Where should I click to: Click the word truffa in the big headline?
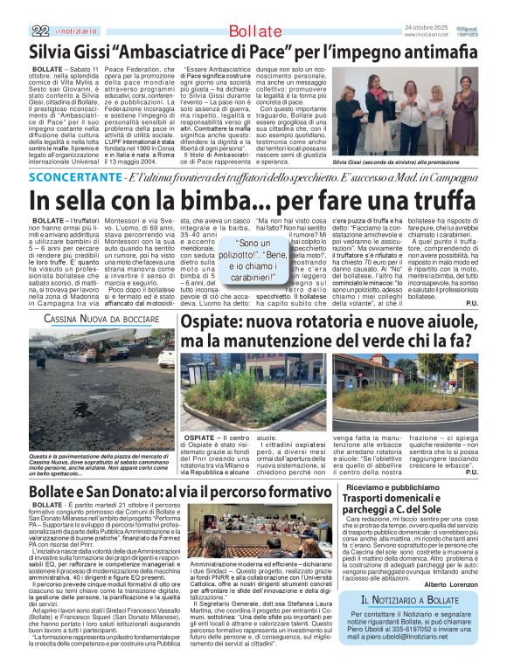click(431, 201)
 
